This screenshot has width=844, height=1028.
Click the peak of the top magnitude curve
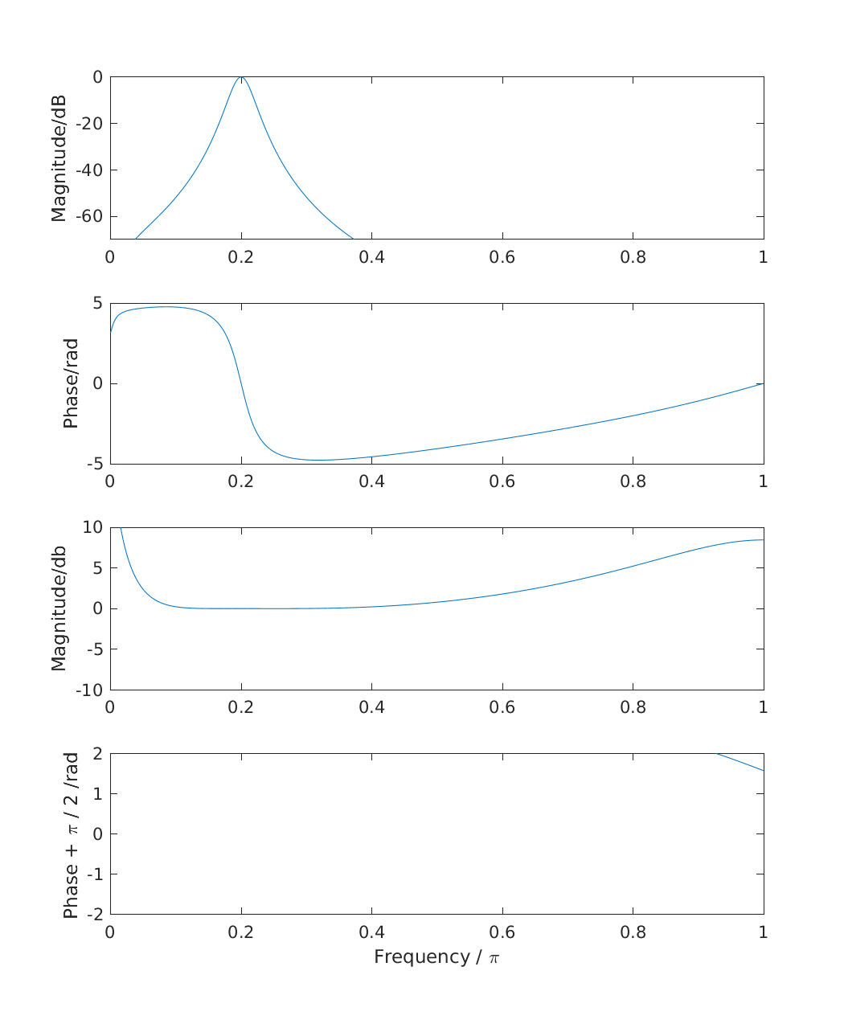point(241,77)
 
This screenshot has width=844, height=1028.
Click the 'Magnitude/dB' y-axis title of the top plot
point(59,158)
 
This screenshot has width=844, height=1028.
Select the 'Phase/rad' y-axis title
point(71,383)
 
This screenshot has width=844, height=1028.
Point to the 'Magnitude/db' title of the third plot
point(59,608)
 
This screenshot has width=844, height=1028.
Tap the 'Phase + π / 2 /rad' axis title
point(71,834)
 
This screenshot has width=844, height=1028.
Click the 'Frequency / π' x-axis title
point(436,957)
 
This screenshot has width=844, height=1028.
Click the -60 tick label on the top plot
point(89,216)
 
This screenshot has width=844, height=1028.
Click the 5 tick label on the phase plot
point(97,303)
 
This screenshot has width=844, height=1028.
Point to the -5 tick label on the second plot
point(94,464)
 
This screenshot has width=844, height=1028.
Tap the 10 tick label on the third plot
point(92,527)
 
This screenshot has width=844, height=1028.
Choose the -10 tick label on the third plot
point(89,690)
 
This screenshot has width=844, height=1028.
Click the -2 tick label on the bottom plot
point(94,914)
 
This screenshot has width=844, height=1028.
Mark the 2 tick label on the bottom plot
point(97,753)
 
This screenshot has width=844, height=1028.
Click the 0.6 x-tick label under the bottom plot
point(502,932)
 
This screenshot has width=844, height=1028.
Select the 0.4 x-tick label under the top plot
point(371,257)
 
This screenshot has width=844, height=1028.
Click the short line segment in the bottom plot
point(740,762)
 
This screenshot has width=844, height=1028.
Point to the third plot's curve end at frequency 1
point(762,540)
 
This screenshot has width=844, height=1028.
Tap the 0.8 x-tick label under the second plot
point(633,481)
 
